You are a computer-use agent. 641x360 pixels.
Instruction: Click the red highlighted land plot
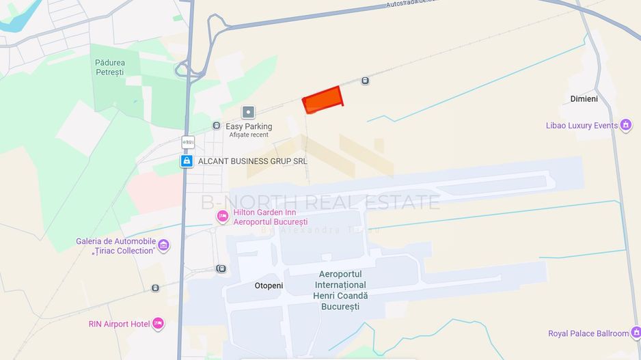323,100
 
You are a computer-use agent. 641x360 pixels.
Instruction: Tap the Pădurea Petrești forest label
109,67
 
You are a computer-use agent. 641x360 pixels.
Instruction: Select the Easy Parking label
249,126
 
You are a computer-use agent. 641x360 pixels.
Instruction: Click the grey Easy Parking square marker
248,111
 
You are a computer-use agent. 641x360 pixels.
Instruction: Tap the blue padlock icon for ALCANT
186,161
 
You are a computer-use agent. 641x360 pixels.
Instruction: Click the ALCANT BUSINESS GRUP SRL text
252,161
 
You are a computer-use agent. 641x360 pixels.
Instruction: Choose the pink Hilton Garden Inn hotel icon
222,217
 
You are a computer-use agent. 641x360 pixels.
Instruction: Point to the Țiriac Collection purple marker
163,245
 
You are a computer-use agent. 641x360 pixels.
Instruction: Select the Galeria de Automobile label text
115,241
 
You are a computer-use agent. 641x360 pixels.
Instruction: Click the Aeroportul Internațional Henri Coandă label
340,290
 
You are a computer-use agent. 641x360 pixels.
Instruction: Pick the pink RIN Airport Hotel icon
158,323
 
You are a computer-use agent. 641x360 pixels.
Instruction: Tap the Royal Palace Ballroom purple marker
636,333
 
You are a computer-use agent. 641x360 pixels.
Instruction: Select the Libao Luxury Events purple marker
625,125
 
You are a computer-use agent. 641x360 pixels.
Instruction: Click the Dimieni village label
584,99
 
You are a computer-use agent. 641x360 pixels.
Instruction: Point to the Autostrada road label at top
411,4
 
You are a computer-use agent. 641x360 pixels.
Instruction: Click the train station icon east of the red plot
366,81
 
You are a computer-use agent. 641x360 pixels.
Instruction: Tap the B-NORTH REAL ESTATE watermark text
320,202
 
